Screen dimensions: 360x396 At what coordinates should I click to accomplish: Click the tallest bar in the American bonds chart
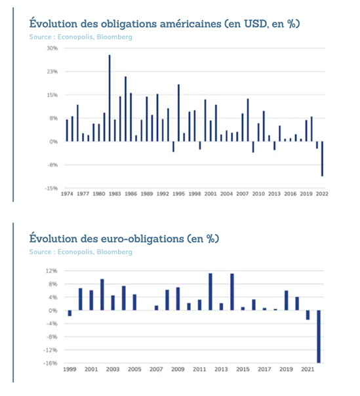pyautogui.click(x=110, y=98)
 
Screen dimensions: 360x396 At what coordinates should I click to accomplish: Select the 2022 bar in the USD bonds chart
pyautogui.click(x=323, y=159)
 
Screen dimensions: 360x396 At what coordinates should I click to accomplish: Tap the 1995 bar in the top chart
pyautogui.click(x=178, y=113)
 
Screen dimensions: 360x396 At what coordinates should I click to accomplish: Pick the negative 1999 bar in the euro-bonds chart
pyautogui.click(x=70, y=313)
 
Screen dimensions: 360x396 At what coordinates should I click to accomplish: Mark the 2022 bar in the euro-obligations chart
pyautogui.click(x=319, y=336)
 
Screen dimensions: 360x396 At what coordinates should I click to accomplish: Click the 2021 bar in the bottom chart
pyautogui.click(x=308, y=315)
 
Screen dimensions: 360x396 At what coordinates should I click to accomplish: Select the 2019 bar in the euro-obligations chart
pyautogui.click(x=287, y=300)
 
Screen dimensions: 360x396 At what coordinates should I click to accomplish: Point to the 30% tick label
pyautogui.click(x=52, y=49)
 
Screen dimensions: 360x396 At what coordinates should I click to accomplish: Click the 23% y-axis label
pyautogui.click(x=52, y=71)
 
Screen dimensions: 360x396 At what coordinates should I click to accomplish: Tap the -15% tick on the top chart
pyautogui.click(x=51, y=188)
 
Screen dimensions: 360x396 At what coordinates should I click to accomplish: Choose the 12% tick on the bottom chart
pyautogui.click(x=52, y=271)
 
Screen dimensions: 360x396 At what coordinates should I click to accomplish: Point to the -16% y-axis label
pyautogui.click(x=50, y=363)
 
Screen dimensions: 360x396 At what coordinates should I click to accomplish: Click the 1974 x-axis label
pyautogui.click(x=67, y=193)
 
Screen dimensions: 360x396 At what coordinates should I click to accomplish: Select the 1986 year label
pyautogui.click(x=131, y=193)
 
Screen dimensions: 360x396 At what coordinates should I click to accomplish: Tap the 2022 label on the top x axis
pyautogui.click(x=322, y=193)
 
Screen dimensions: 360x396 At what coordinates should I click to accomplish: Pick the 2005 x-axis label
pyautogui.click(x=134, y=369)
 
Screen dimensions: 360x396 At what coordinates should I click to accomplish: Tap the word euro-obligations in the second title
pyautogui.click(x=142, y=239)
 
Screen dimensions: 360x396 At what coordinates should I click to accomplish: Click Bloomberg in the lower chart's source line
pyautogui.click(x=115, y=252)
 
